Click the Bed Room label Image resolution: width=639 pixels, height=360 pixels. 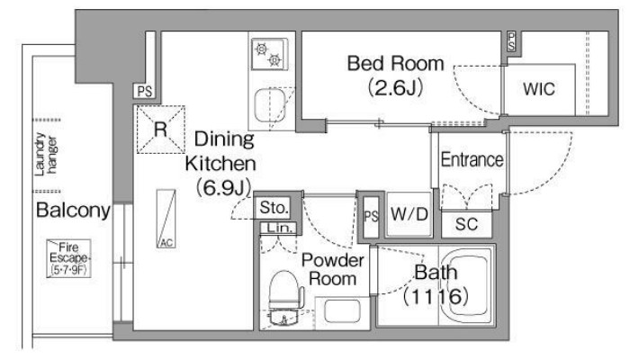tap(395, 64)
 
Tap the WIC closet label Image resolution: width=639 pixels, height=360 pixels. tap(539, 89)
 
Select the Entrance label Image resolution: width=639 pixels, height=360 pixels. tap(472, 159)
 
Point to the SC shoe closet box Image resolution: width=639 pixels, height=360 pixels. tap(466, 224)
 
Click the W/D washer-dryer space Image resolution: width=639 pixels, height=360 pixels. tap(409, 214)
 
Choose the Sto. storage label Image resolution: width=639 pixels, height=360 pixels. tap(274, 208)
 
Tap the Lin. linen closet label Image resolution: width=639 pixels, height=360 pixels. tap(279, 228)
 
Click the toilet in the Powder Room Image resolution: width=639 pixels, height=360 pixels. tap(286, 291)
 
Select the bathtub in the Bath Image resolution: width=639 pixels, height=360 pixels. tap(466, 284)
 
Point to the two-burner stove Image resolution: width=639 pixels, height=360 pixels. tap(269, 54)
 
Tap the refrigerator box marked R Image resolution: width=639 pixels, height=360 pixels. tap(160, 130)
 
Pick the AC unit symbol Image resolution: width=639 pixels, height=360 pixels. tap(166, 219)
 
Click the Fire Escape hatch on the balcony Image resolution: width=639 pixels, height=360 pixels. tap(68, 258)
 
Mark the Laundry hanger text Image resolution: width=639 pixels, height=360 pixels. tap(46, 155)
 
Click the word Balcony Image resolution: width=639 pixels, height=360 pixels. tap(74, 210)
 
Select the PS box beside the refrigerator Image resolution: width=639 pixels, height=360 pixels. tap(145, 91)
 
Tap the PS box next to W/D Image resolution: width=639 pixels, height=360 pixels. tap(371, 217)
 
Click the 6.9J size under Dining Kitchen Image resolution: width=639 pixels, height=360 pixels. tap(223, 188)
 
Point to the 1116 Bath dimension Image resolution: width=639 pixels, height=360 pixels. tap(436, 296)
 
